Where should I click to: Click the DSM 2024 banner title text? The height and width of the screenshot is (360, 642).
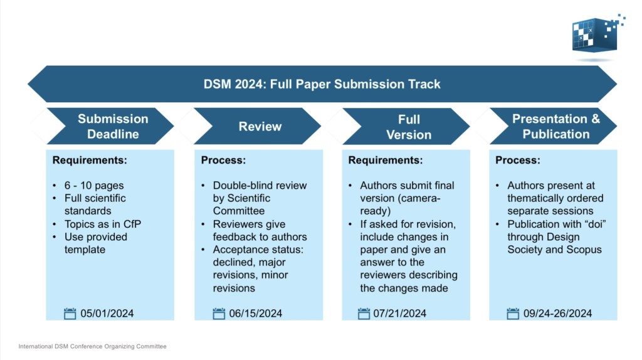pyautogui.click(x=322, y=84)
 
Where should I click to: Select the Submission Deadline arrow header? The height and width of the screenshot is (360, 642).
pyautogui.click(x=113, y=126)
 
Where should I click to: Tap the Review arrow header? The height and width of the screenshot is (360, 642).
pyautogui.click(x=260, y=127)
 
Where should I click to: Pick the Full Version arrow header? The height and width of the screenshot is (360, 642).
pyautogui.click(x=409, y=127)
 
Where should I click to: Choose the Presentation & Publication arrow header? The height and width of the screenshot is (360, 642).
pyautogui.click(x=555, y=126)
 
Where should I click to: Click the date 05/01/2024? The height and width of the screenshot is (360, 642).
pyautogui.click(x=107, y=314)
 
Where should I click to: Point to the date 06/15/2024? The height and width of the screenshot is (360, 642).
pyautogui.click(x=256, y=314)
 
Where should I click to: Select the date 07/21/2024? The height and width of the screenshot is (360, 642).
pyautogui.click(x=399, y=314)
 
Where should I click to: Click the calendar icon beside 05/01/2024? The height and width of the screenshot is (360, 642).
pyautogui.click(x=70, y=314)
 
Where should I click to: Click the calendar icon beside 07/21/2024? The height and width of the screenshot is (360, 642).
pyautogui.click(x=364, y=314)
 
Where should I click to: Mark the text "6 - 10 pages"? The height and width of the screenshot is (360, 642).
pyautogui.click(x=94, y=186)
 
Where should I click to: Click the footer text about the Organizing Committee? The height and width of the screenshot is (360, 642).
pyautogui.click(x=92, y=346)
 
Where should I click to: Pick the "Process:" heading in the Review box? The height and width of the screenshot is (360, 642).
pyautogui.click(x=223, y=161)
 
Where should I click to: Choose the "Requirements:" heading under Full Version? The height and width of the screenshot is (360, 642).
pyautogui.click(x=385, y=161)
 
